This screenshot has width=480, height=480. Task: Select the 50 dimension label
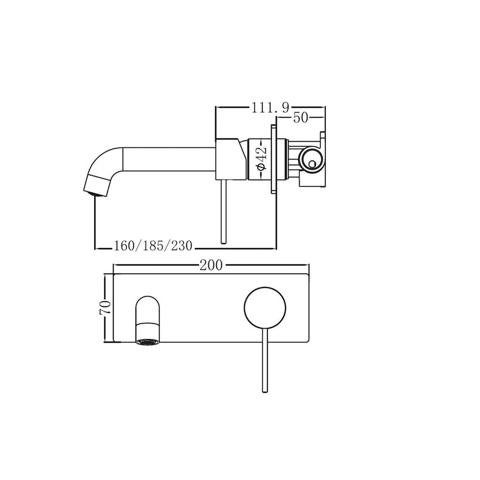pyautogui.click(x=300, y=118)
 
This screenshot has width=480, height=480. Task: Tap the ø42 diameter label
pyautogui.click(x=262, y=159)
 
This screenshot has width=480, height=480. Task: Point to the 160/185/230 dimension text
pyautogui.click(x=153, y=246)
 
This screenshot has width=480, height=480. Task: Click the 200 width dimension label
pyautogui.click(x=211, y=265)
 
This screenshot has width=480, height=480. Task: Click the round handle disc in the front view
pyautogui.click(x=265, y=307)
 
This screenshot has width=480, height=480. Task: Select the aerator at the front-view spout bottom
pyautogui.click(x=147, y=341)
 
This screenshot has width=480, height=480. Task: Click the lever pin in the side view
pyautogui.click(x=224, y=211)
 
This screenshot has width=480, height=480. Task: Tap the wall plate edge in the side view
pyautogui.click(x=274, y=159)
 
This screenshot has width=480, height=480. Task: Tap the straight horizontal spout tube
pyautogui.click(x=169, y=159)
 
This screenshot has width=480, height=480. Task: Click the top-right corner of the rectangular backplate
pyautogui.click(x=308, y=275)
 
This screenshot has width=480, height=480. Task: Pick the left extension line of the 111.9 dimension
pyautogui.click(x=216, y=122)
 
